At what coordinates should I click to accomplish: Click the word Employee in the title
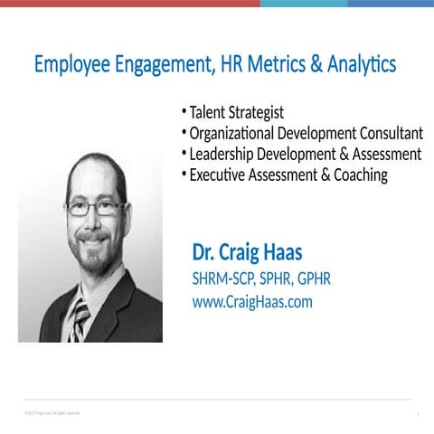point(70,66)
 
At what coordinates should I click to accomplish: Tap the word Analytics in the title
point(358,66)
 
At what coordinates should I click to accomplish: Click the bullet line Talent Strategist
point(236,113)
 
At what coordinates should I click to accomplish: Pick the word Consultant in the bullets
point(389,134)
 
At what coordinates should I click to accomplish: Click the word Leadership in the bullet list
point(225,155)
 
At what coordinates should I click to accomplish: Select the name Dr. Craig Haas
point(247,251)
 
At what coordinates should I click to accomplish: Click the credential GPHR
point(310,278)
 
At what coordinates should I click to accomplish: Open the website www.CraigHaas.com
point(252,302)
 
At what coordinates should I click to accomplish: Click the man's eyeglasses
point(94,207)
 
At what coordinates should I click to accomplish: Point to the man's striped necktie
point(80,317)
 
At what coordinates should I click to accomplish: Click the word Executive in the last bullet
point(221,175)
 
